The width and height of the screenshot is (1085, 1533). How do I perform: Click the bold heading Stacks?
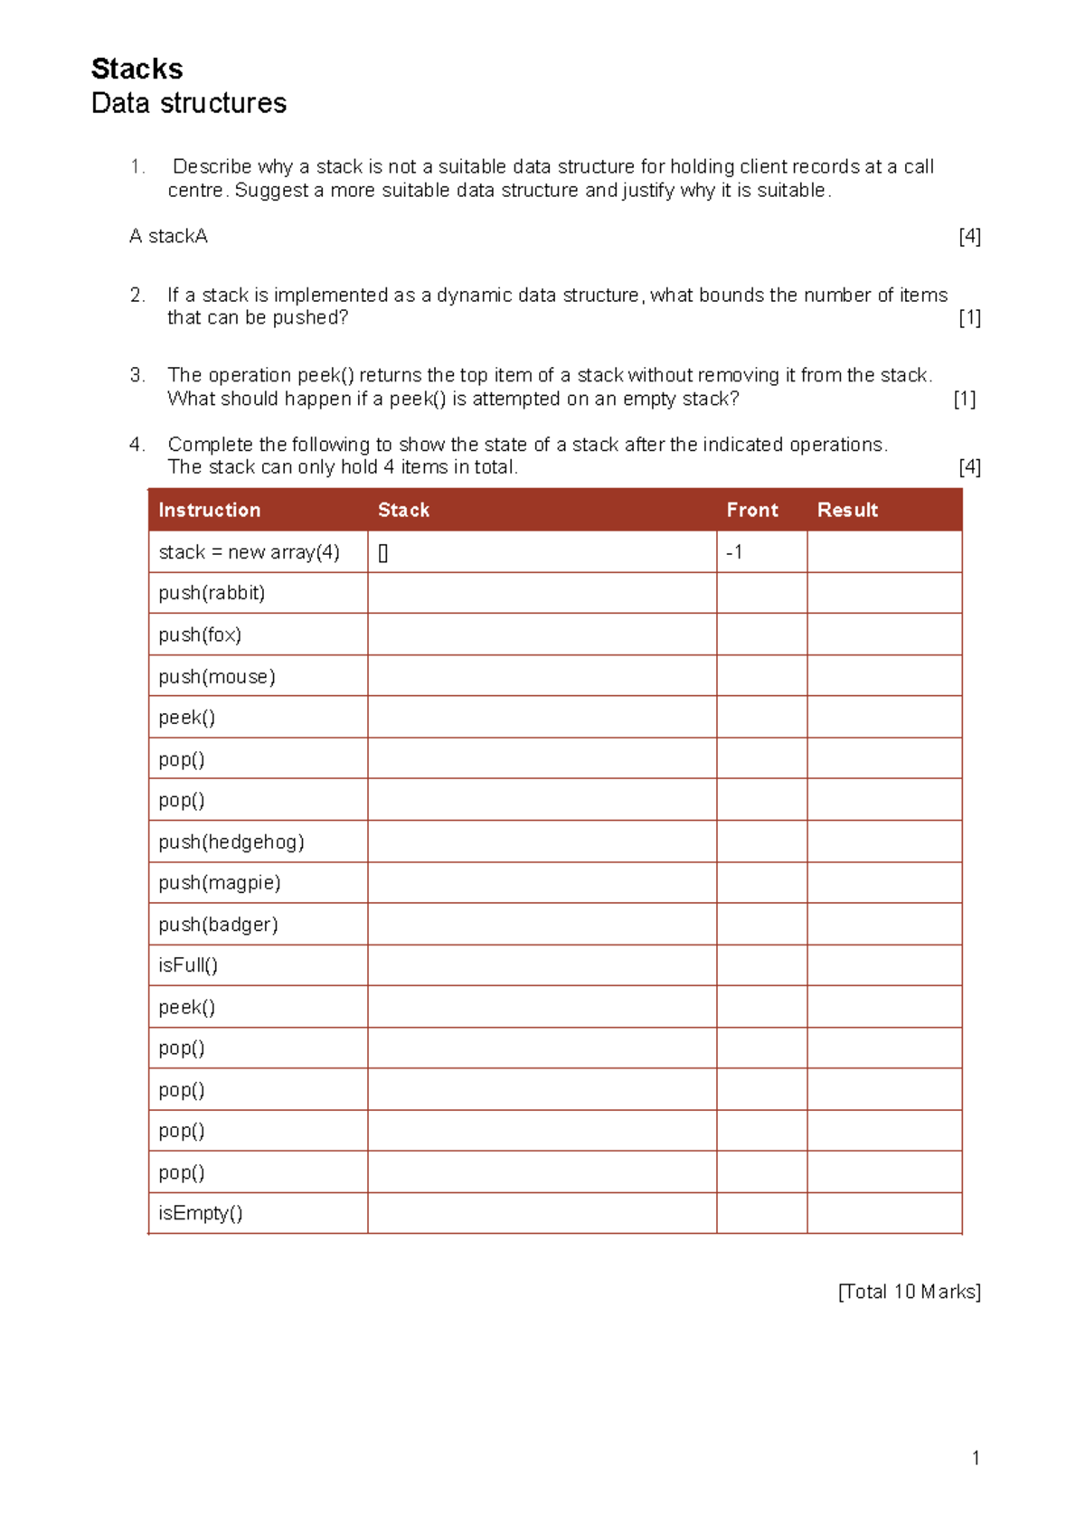point(137,69)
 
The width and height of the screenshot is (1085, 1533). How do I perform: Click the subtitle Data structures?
point(189,103)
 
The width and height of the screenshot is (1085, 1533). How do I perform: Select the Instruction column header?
point(209,510)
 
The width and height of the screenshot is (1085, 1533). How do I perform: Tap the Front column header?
point(751,510)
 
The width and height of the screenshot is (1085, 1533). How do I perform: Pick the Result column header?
point(847,510)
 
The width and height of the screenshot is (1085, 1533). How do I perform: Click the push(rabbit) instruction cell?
point(212,593)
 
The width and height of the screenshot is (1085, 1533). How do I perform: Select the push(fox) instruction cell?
point(200,635)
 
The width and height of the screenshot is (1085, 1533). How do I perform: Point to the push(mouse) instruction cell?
point(217,676)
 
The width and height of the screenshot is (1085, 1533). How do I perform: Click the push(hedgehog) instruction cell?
point(231,842)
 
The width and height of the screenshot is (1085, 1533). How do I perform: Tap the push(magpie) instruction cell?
point(220,882)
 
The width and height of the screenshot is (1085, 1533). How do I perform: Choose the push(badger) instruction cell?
point(218,924)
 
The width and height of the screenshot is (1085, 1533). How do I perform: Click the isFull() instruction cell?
point(188,965)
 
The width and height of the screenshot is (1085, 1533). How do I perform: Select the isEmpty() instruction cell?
point(201,1213)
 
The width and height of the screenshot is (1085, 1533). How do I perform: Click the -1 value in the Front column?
point(734,551)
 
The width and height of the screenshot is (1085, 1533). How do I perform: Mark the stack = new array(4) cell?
point(249,551)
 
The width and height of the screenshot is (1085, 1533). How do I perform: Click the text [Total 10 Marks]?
point(909,1292)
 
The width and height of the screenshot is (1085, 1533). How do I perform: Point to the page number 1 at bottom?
point(976,1457)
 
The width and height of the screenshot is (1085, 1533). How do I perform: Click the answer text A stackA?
point(168,236)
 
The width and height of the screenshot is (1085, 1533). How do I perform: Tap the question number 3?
point(137,375)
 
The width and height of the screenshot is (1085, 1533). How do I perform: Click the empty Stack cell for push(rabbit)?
point(542,593)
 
